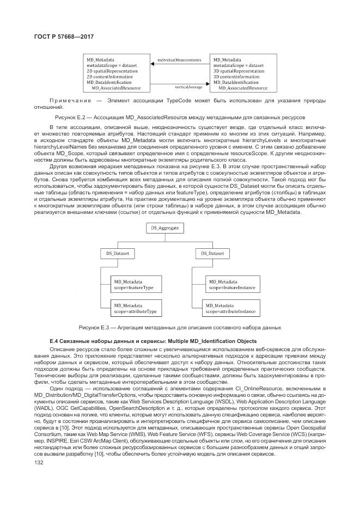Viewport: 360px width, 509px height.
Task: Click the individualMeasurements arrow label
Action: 179,59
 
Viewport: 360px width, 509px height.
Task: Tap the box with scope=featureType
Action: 133,284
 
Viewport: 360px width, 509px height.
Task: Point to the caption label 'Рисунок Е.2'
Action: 70,117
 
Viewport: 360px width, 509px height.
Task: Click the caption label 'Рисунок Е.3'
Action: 94,327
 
